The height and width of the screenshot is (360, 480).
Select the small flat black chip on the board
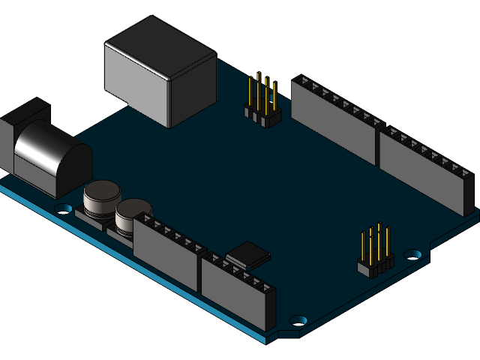(x=247, y=255)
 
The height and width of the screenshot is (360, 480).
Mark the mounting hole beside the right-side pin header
(x=412, y=254)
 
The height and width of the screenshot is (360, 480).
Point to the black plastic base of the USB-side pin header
(x=262, y=116)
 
